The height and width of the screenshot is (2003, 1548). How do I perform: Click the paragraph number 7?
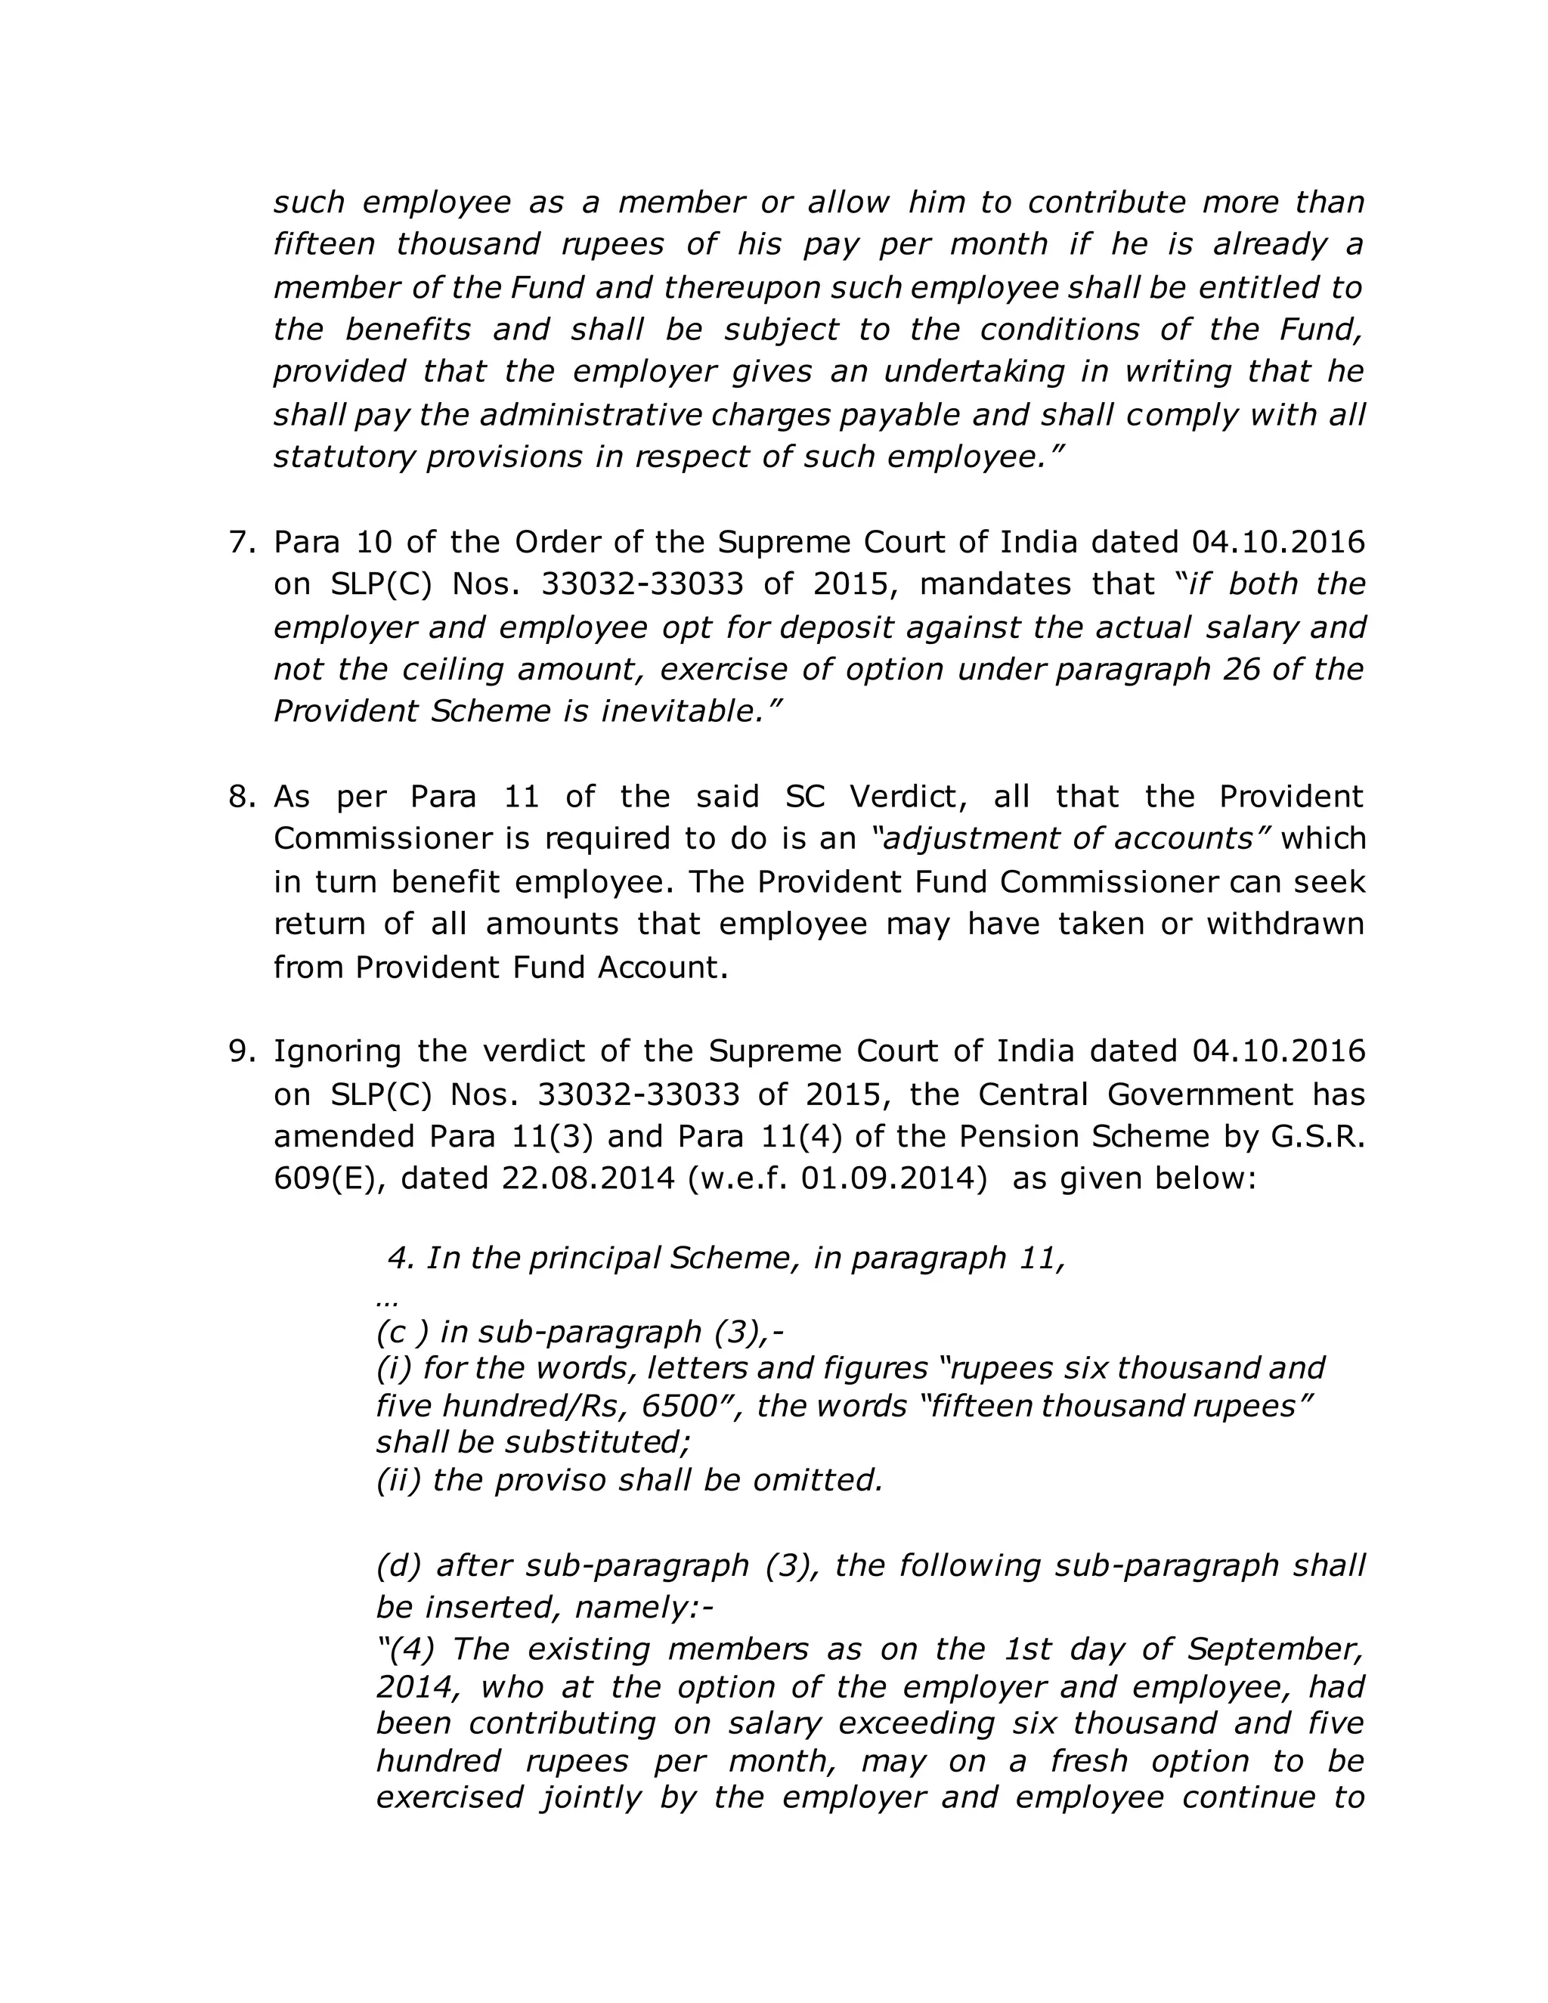(x=241, y=542)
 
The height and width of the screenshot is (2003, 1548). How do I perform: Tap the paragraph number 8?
(x=241, y=796)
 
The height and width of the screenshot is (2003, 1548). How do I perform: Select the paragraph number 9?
(x=241, y=1051)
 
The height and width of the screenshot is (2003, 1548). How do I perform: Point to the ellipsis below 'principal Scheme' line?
(x=386, y=1302)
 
